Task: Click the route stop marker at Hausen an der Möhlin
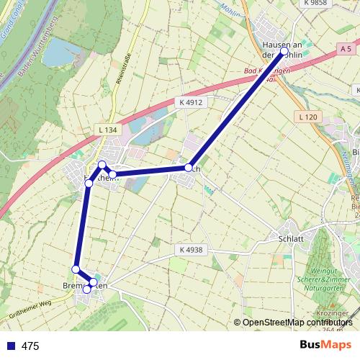(x=283, y=52)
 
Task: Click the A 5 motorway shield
(x=347, y=48)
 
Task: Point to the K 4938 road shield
(x=189, y=250)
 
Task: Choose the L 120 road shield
(x=306, y=117)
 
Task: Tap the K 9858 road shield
(x=315, y=3)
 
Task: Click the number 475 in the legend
(x=30, y=346)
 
